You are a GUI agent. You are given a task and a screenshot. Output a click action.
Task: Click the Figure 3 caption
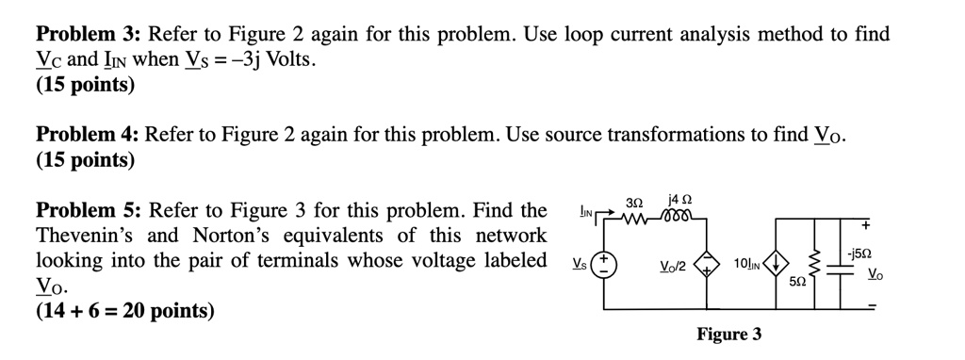tap(729, 335)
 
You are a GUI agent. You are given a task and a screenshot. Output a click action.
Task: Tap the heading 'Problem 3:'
tap(88, 36)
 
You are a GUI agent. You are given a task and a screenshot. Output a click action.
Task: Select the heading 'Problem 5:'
tap(88, 209)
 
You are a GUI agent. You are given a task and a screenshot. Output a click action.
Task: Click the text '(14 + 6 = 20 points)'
tap(125, 309)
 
